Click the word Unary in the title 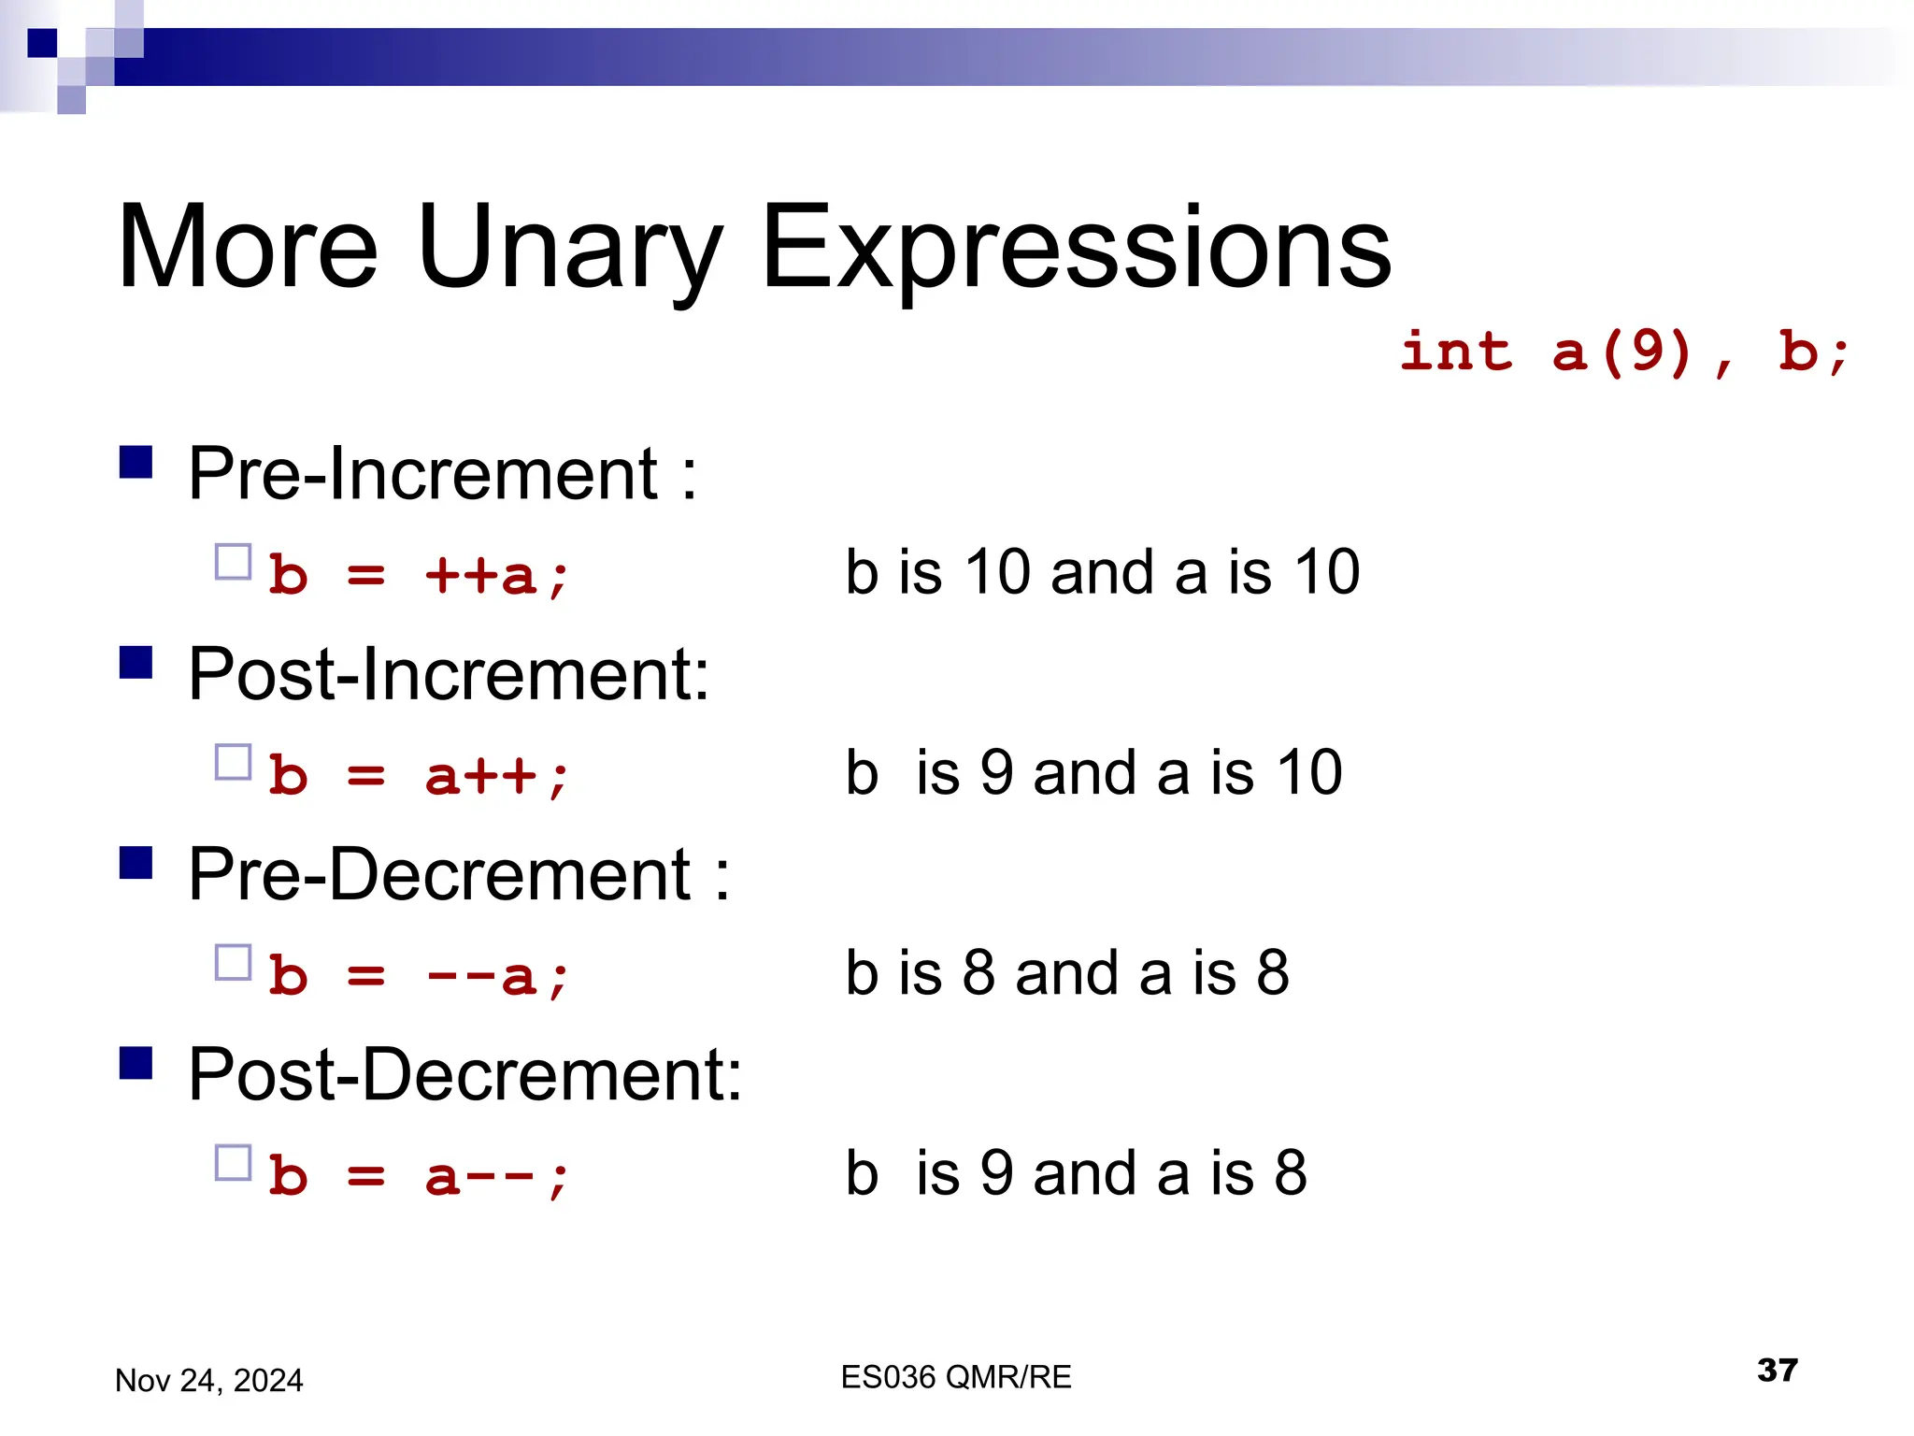pyautogui.click(x=569, y=249)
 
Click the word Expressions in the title pyautogui.click(x=1076, y=249)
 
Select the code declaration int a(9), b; pyautogui.click(x=1624, y=352)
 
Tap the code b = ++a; pyautogui.click(x=418, y=574)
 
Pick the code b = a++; pyautogui.click(x=418, y=775)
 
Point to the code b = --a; pyautogui.click(x=418, y=976)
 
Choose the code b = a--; pyautogui.click(x=418, y=1176)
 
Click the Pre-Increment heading pyautogui.click(x=442, y=473)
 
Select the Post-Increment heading pyautogui.click(x=449, y=673)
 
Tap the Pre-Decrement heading pyautogui.click(x=458, y=874)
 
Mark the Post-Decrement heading pyautogui.click(x=464, y=1074)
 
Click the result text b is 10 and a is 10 pyautogui.click(x=1102, y=571)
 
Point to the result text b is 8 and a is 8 pyautogui.click(x=1066, y=972)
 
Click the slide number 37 pyautogui.click(x=1777, y=1371)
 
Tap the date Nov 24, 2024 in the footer pyautogui.click(x=208, y=1380)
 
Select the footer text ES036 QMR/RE pyautogui.click(x=955, y=1377)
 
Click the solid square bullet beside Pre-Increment pyautogui.click(x=136, y=462)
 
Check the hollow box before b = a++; pyautogui.click(x=233, y=762)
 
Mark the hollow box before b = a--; pyautogui.click(x=233, y=1163)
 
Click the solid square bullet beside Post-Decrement pyautogui.click(x=136, y=1063)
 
